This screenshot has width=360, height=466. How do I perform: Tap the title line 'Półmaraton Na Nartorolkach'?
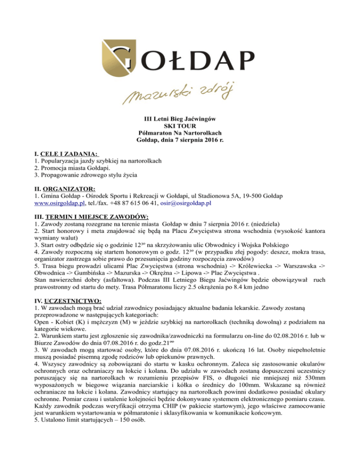click(x=180, y=134)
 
